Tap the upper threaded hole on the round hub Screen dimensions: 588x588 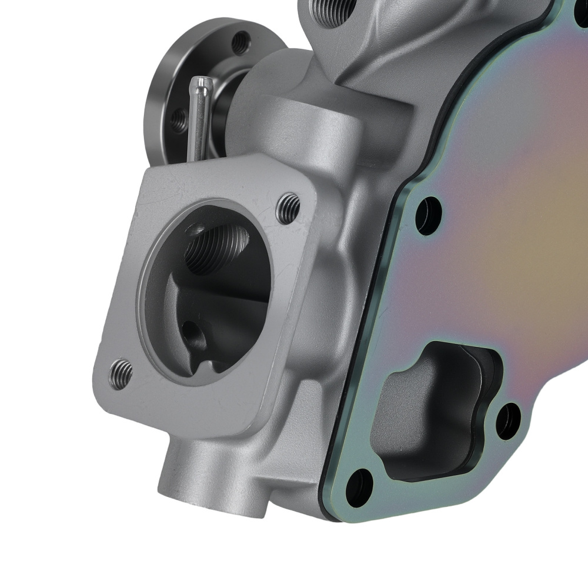click(x=239, y=42)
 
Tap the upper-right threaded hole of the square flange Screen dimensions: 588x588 click(x=288, y=208)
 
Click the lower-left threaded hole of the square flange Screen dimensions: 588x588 click(x=121, y=372)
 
